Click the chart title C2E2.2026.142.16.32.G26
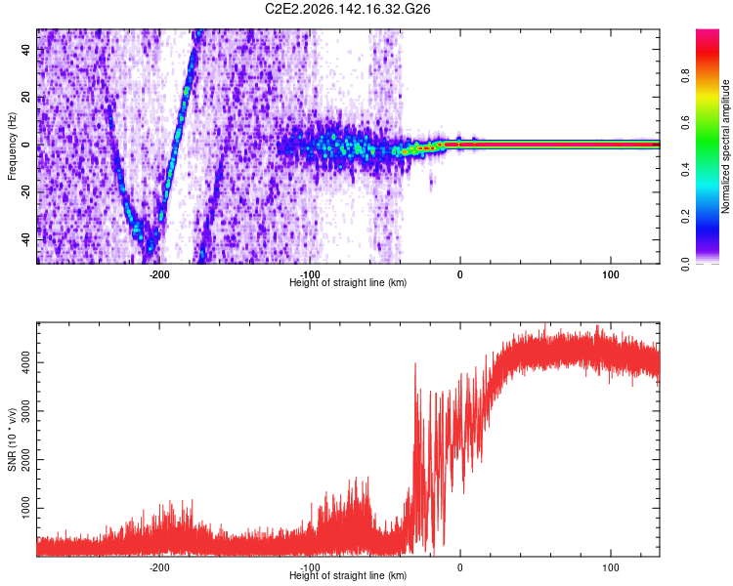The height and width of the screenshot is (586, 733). (347, 9)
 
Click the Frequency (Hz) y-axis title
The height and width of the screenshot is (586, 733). (12, 146)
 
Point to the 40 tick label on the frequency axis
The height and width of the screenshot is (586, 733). (25, 50)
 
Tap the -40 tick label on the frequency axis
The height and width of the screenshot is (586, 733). (25, 238)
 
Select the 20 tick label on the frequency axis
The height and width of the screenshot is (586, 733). (25, 98)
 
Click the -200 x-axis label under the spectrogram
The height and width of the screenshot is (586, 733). (159, 274)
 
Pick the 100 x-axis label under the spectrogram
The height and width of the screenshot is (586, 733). (611, 274)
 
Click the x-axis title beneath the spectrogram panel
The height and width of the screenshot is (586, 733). (348, 282)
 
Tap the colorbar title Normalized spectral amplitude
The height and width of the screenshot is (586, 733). (725, 146)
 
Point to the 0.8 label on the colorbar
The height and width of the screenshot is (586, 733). (685, 75)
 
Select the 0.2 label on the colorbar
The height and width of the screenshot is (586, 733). (685, 217)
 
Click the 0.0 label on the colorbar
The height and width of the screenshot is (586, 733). (685, 264)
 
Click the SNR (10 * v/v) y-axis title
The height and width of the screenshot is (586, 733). (12, 439)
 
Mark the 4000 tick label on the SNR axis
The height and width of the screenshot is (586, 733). (25, 362)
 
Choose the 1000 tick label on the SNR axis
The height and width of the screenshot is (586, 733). (25, 508)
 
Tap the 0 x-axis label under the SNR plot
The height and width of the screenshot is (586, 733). (460, 567)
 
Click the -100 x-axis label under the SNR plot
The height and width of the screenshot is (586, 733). (310, 567)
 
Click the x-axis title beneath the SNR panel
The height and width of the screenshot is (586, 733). (348, 575)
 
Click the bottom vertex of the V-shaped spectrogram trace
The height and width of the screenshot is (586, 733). (150, 252)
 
